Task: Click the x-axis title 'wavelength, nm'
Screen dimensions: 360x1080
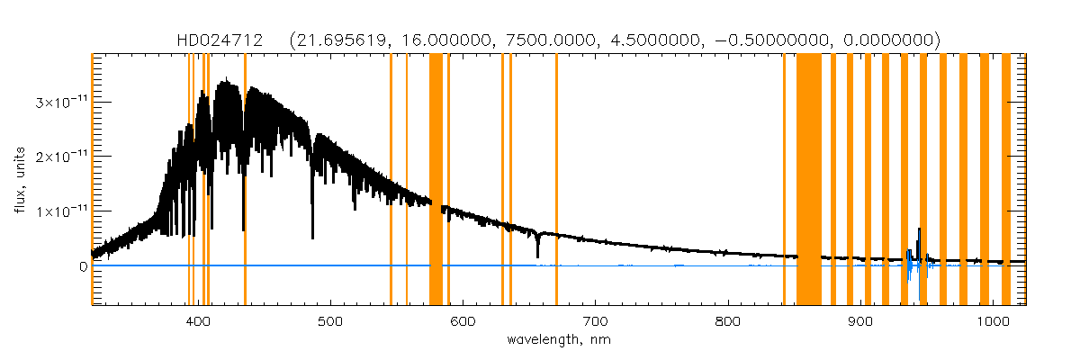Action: [x=559, y=341]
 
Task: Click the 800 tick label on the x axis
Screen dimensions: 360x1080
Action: [x=728, y=321]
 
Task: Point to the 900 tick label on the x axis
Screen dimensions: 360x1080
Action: [x=860, y=321]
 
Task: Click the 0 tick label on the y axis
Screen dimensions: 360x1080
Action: [x=82, y=265]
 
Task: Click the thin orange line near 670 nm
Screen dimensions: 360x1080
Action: [x=556, y=180]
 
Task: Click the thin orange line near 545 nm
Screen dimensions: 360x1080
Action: [x=391, y=180]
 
